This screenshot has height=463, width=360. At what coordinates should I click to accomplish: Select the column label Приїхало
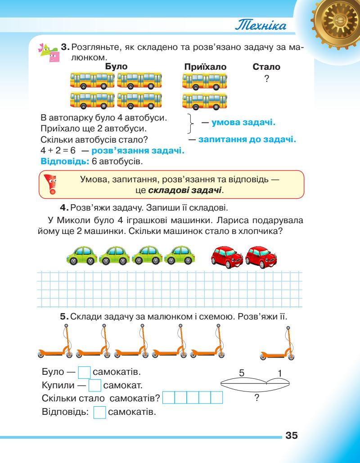206,67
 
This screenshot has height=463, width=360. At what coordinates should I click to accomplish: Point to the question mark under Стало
267,78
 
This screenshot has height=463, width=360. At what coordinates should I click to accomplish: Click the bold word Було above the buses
116,67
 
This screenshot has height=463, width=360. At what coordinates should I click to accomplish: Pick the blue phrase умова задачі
243,122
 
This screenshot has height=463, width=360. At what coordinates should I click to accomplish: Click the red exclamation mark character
51,184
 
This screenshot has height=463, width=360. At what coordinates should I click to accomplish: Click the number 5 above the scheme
242,373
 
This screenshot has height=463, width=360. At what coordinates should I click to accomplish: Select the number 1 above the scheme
279,373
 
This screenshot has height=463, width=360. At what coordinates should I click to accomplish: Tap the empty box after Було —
85,373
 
